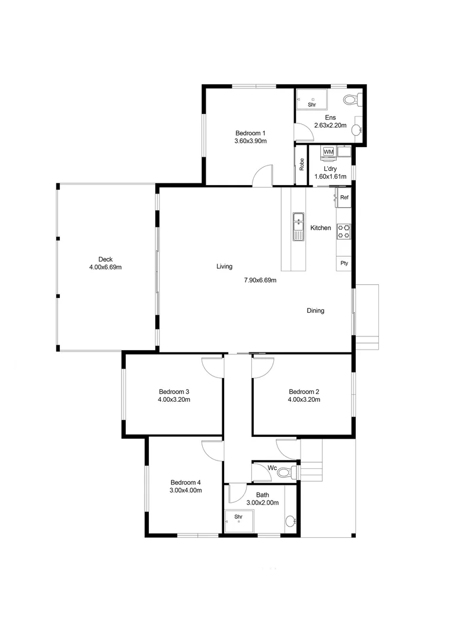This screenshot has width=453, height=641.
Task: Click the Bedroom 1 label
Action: coord(250,133)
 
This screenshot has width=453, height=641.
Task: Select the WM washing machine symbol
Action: coord(328,153)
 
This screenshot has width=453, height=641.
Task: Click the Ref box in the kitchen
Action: coord(343,198)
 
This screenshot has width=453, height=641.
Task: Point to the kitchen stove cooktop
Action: coord(343,231)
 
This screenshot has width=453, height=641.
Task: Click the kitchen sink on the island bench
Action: coord(298,227)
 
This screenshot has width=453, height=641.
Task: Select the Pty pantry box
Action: coord(343,263)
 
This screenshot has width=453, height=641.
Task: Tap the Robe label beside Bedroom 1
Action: coord(302,164)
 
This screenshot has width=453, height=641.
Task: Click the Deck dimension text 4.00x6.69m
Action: coord(105,267)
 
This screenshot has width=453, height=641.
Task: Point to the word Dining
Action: coord(315,310)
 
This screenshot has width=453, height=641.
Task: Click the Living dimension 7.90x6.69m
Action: coord(260,280)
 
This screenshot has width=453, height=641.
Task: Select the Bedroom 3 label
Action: coord(174,392)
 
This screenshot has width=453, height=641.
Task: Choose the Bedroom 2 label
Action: coord(304,392)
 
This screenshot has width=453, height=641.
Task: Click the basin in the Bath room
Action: coord(290,521)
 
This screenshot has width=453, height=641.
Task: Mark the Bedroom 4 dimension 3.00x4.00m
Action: coord(186,490)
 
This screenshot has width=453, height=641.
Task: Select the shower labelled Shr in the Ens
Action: coord(312,100)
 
